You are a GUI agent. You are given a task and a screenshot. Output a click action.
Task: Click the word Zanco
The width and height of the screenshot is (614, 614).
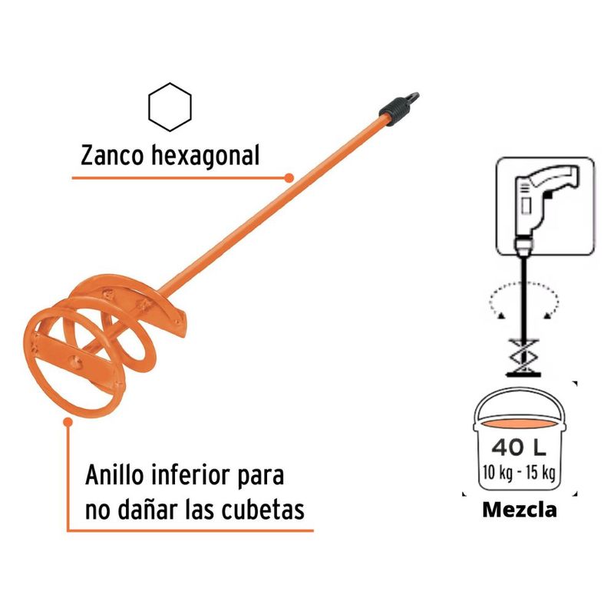112,156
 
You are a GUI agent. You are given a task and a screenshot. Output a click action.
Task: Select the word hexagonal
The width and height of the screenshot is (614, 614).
205,156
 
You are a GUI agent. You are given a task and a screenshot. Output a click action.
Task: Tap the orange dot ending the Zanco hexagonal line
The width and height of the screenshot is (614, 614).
289,178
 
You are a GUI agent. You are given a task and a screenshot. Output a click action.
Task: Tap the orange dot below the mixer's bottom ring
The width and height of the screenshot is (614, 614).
68,422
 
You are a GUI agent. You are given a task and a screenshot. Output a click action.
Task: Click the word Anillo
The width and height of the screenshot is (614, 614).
114,475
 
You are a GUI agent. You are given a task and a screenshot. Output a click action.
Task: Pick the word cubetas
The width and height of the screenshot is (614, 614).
262,510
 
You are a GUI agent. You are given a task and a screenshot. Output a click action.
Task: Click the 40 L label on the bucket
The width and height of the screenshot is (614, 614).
519,447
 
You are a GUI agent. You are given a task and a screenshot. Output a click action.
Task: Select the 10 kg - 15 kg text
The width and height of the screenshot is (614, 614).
519,472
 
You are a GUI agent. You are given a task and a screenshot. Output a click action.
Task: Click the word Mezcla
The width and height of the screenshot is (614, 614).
520,510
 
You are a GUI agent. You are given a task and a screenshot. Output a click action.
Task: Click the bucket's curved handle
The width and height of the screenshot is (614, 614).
520,389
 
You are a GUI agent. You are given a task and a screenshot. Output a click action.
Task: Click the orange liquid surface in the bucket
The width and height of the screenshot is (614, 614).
520,424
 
